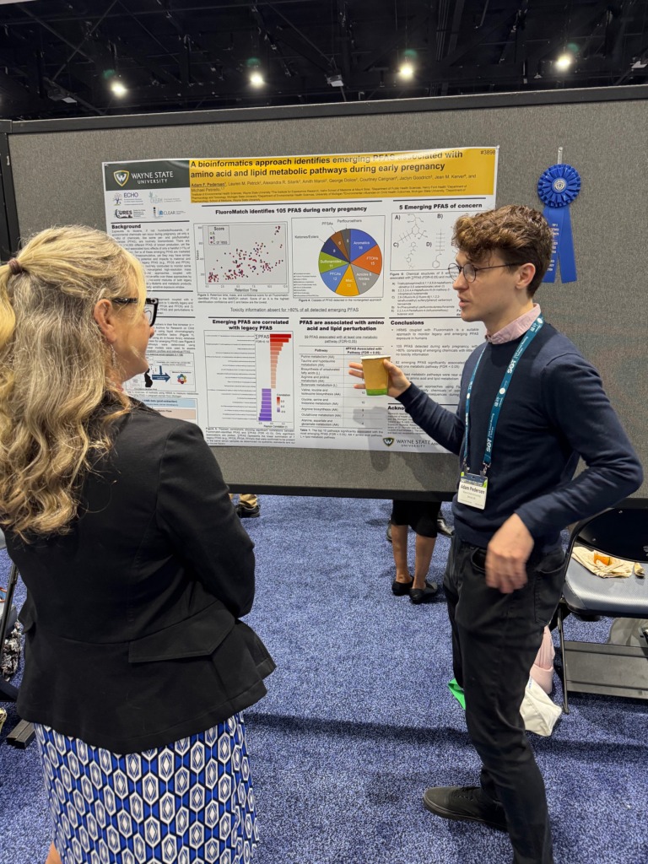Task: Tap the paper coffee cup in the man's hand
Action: tap(375, 374)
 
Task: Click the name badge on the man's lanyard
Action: tap(472, 490)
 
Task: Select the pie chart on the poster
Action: tap(350, 262)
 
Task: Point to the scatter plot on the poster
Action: tap(246, 253)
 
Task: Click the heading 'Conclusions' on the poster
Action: tap(408, 321)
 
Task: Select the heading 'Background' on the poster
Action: tap(127, 227)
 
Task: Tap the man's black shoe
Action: tap(464, 805)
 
